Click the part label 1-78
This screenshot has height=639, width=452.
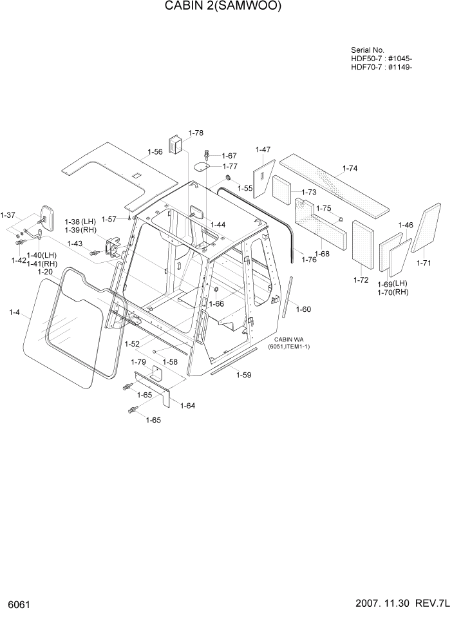click(x=196, y=133)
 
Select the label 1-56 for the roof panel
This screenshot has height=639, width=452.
click(x=155, y=152)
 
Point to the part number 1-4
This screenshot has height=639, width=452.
click(x=15, y=313)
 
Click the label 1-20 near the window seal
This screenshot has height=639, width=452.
click(x=44, y=272)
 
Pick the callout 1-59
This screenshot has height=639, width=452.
click(x=243, y=375)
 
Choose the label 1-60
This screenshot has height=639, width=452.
click(x=303, y=309)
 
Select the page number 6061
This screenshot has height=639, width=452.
click(x=19, y=606)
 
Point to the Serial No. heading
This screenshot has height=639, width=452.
click(x=368, y=50)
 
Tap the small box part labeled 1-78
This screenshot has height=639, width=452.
click(x=175, y=146)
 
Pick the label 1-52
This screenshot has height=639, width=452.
click(x=133, y=345)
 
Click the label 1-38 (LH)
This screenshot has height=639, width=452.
click(x=79, y=222)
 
